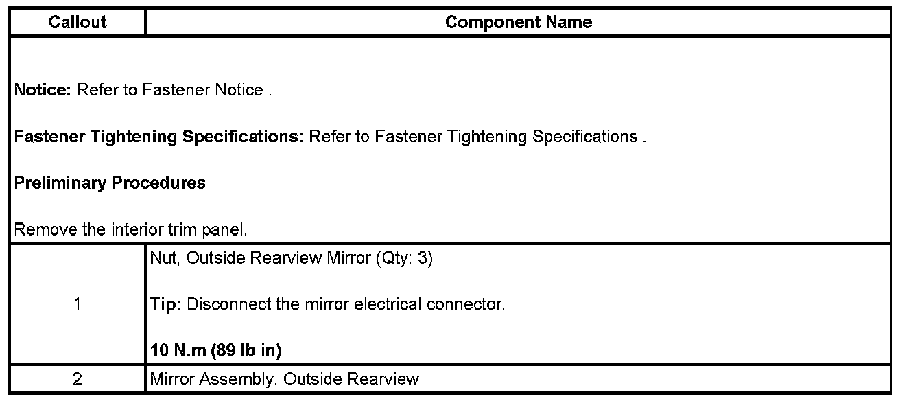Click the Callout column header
click(x=78, y=22)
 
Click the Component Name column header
click(x=518, y=22)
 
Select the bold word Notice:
click(x=43, y=90)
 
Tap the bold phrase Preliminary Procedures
click(x=110, y=183)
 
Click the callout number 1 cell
click(x=77, y=304)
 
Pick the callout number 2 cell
click(x=77, y=379)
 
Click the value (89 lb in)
click(x=248, y=351)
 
